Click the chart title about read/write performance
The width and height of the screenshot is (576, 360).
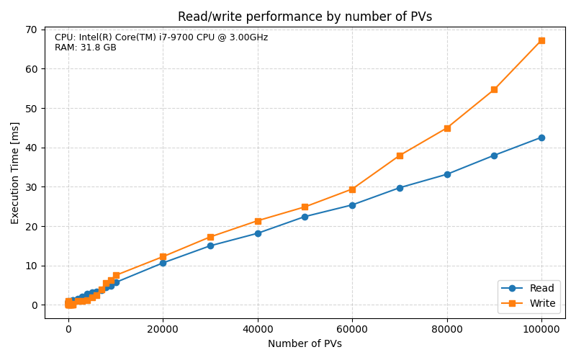(x=305, y=17)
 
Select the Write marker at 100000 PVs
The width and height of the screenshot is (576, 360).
(x=541, y=40)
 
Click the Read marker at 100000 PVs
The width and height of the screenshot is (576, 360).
(x=541, y=138)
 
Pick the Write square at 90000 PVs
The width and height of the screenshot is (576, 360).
(x=494, y=89)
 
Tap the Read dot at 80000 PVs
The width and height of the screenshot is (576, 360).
(x=447, y=174)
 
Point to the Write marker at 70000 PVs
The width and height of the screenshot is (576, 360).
(x=400, y=156)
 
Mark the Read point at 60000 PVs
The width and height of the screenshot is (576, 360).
(x=352, y=205)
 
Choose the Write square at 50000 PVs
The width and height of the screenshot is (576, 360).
(x=305, y=207)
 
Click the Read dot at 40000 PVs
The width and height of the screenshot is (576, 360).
(x=258, y=233)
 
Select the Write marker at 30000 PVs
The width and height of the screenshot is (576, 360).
(x=210, y=237)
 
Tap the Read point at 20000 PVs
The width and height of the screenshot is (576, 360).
(x=163, y=263)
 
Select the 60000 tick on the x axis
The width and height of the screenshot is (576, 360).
(x=352, y=330)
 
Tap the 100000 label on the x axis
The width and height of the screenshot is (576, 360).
(x=541, y=330)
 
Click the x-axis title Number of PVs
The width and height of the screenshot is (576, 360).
(x=305, y=344)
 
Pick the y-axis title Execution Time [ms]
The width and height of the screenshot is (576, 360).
(x=15, y=173)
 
